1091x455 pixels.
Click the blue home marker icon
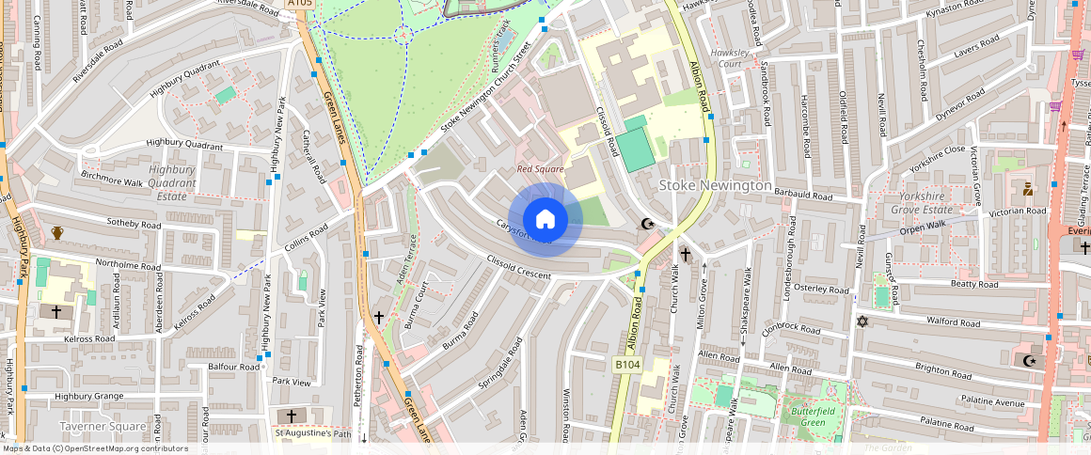point(545,220)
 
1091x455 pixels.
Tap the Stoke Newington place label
point(715,185)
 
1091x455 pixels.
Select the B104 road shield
point(627,364)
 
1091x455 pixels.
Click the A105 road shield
point(299,4)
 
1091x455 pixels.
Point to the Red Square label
point(540,169)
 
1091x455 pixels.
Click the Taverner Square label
point(103,426)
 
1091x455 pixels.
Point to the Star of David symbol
point(861,322)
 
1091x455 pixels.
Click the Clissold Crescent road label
point(518,265)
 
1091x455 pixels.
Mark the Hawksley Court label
point(731,58)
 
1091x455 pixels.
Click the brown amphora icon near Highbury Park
point(57,232)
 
